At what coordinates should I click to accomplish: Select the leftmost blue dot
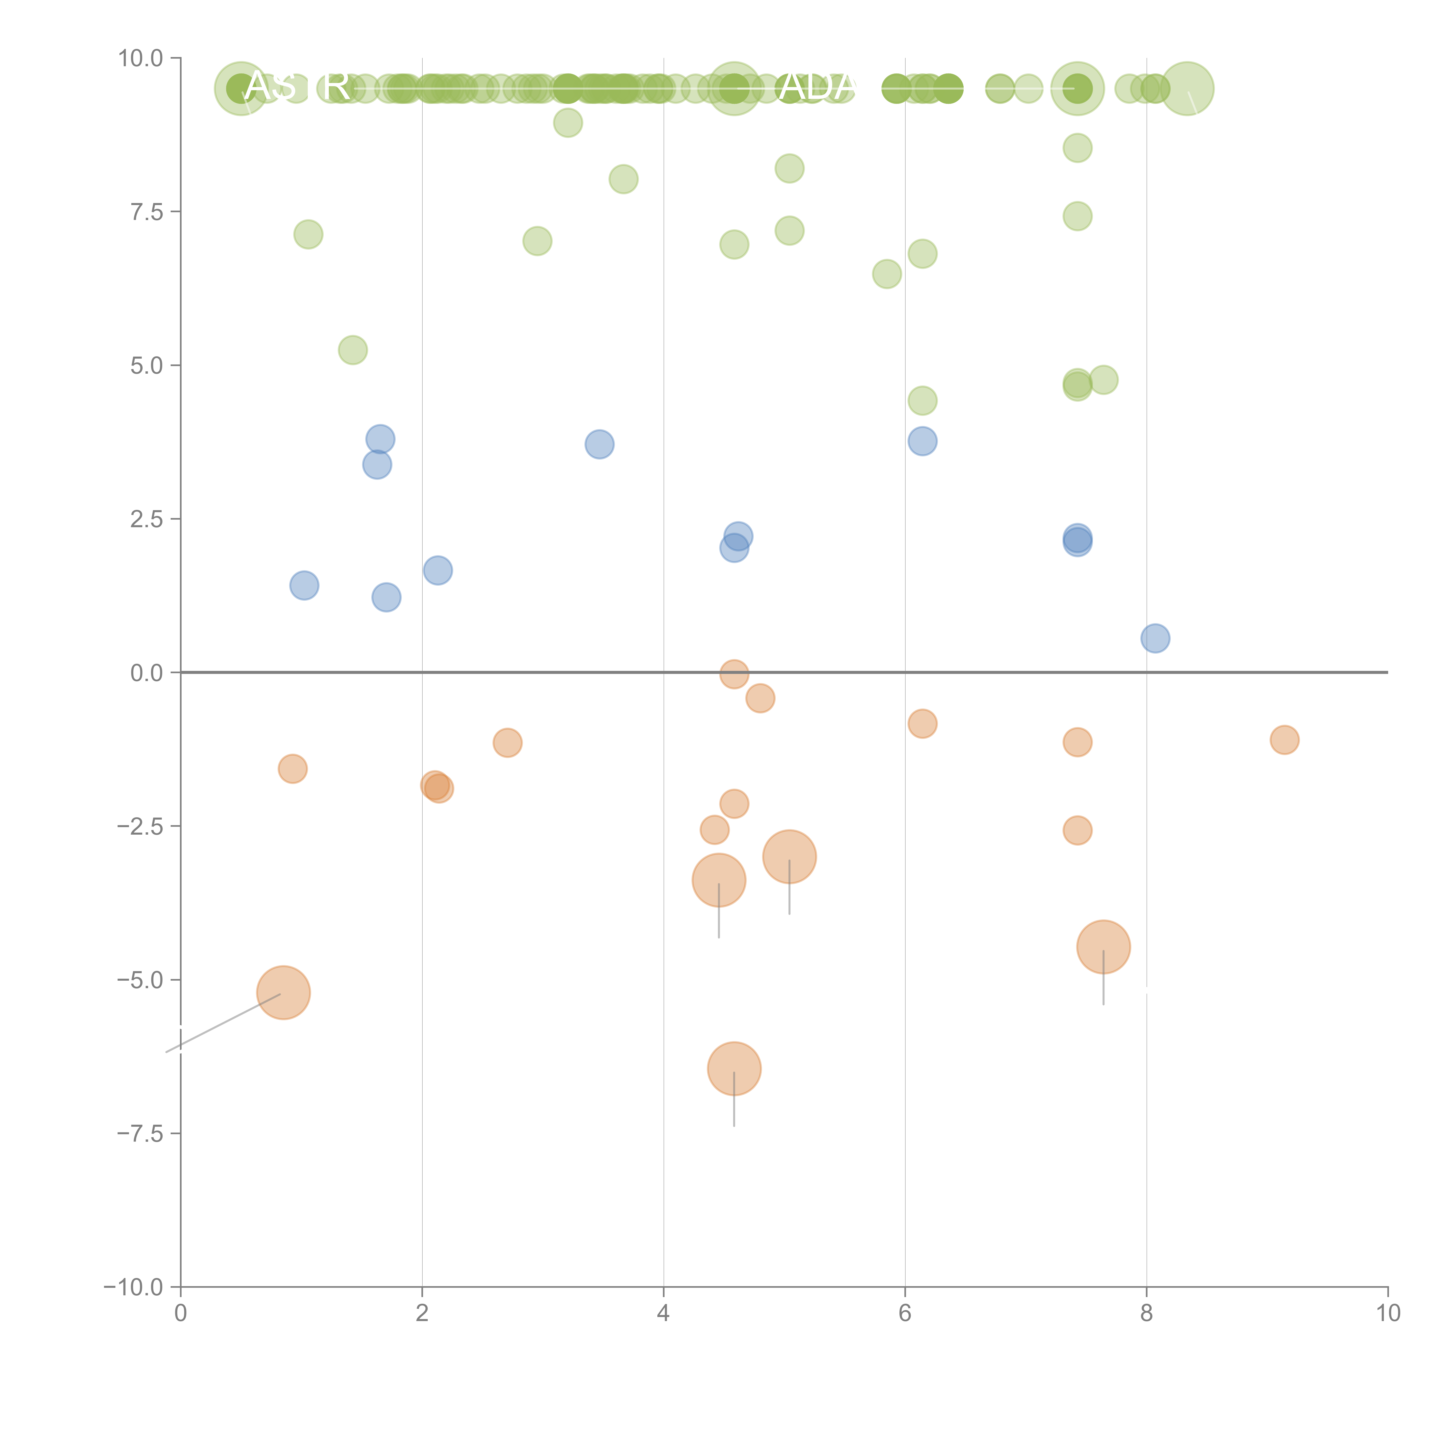pyautogui.click(x=304, y=585)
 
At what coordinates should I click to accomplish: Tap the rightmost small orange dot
pyautogui.click(x=1284, y=740)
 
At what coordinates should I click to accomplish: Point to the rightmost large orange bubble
pyautogui.click(x=1103, y=947)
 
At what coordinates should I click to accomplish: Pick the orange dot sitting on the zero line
pyautogui.click(x=734, y=674)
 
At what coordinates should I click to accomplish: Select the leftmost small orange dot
pyautogui.click(x=293, y=769)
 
